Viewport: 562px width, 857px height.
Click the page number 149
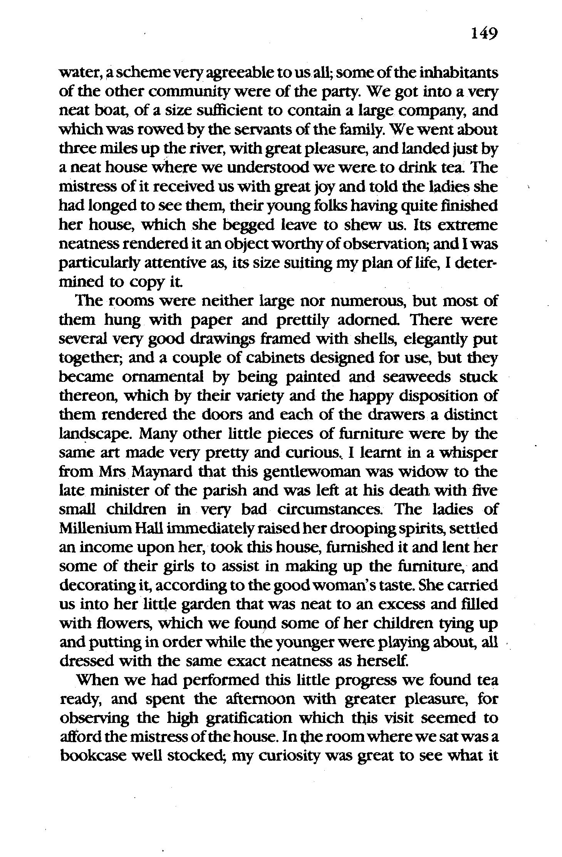point(484,34)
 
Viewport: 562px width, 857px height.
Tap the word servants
point(229,130)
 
